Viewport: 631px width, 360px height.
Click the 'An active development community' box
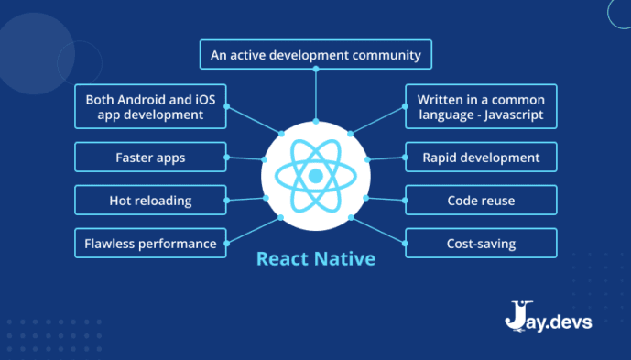coord(315,55)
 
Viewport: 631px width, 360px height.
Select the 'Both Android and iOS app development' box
coord(150,107)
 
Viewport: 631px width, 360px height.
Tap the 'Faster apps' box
coord(150,158)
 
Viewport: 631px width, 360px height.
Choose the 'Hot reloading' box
coord(150,201)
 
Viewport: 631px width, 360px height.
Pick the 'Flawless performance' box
coord(150,244)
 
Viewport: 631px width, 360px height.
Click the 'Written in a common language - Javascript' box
coord(480,107)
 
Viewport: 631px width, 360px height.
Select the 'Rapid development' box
coord(480,158)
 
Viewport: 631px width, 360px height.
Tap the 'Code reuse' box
coord(480,201)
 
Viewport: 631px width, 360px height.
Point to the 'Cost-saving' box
coord(480,244)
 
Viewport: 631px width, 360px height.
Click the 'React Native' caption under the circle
coord(315,259)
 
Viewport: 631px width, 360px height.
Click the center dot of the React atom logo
coord(315,175)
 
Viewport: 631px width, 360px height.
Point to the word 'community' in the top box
coord(385,55)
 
